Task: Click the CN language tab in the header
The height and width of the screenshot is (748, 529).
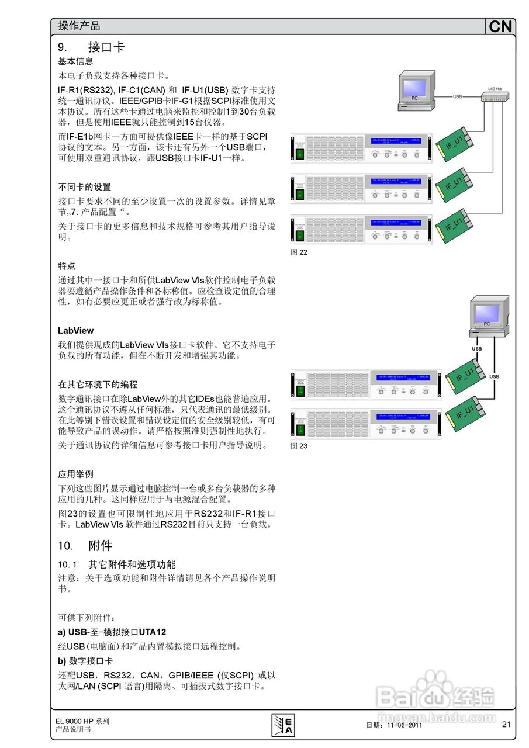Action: pyautogui.click(x=500, y=26)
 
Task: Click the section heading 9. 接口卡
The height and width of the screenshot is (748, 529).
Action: pyautogui.click(x=91, y=47)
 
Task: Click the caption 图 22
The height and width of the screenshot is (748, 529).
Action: pyautogui.click(x=299, y=252)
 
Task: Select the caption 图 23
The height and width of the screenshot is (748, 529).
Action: pyautogui.click(x=299, y=446)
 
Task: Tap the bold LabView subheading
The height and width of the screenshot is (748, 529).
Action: pyautogui.click(x=75, y=331)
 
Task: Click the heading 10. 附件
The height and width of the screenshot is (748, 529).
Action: pyautogui.click(x=85, y=546)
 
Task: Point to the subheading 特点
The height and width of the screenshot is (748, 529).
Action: pyautogui.click(x=67, y=266)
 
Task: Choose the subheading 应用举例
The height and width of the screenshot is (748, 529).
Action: pyautogui.click(x=75, y=474)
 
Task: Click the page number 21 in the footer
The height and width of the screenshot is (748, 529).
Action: pyautogui.click(x=506, y=725)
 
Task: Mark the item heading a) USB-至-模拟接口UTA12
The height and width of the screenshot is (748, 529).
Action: pyautogui.click(x=112, y=632)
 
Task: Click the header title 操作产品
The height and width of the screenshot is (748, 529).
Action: pyautogui.click(x=79, y=26)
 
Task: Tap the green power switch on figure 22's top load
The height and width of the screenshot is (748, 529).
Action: pyautogui.click(x=299, y=154)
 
